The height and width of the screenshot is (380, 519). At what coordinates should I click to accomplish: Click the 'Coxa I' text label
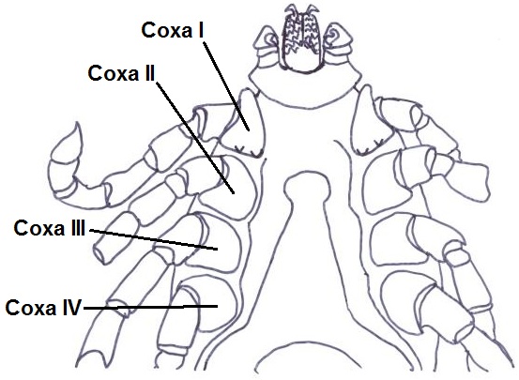pyautogui.click(x=173, y=31)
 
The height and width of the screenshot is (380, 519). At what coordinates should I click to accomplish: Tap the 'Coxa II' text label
pyautogui.click(x=121, y=73)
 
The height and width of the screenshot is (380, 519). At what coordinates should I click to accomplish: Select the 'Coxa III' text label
pyautogui.click(x=50, y=228)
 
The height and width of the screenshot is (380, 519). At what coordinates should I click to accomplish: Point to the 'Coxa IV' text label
pyautogui.click(x=43, y=308)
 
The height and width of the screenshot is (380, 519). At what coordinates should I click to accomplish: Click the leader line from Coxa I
pyautogui.click(x=226, y=86)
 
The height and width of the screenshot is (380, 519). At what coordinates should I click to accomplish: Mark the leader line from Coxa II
pyautogui.click(x=195, y=137)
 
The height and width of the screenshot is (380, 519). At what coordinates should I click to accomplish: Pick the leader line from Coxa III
pyautogui.click(x=153, y=239)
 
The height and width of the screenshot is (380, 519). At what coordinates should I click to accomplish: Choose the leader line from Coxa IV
pyautogui.click(x=150, y=308)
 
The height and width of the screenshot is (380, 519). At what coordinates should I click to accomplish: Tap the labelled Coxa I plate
pyautogui.click(x=250, y=124)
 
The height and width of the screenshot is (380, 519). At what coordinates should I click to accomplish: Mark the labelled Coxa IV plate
pyautogui.click(x=215, y=305)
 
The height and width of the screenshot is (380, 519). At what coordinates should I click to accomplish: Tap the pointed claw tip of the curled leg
pyautogui.click(x=78, y=123)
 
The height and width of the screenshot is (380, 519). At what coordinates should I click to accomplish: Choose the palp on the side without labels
pyautogui.click(x=339, y=47)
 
